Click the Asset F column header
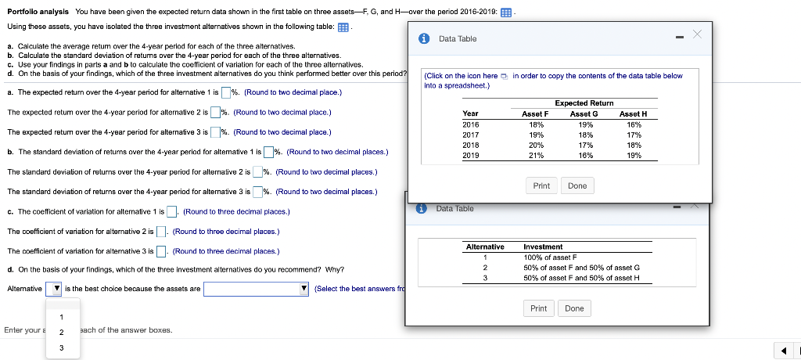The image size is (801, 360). (x=536, y=113)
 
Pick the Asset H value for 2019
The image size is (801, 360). (x=633, y=155)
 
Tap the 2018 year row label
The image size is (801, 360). (x=471, y=145)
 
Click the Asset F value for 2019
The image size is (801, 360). (x=537, y=155)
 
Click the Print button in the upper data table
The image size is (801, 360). (x=541, y=185)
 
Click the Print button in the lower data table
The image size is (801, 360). (x=539, y=308)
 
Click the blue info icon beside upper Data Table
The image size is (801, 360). (x=423, y=38)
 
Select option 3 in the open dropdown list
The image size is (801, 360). (x=60, y=347)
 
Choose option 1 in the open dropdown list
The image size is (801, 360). (x=60, y=317)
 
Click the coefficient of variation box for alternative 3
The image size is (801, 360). (x=161, y=251)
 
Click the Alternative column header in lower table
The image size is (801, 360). (x=485, y=247)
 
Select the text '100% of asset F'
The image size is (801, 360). (x=550, y=257)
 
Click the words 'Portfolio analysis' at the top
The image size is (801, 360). (x=38, y=12)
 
